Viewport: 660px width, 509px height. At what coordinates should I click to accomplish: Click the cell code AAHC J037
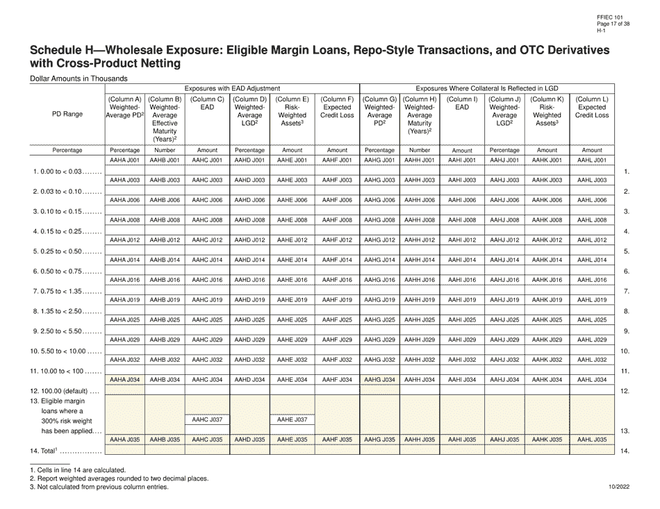[x=206, y=420]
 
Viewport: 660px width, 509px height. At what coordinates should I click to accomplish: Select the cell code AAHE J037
[x=292, y=420]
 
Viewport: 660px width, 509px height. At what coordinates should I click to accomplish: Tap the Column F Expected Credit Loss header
[x=337, y=108]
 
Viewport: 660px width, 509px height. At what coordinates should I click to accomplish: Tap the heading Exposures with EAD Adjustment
[x=232, y=88]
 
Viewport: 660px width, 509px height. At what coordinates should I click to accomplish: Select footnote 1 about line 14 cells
[x=77, y=470]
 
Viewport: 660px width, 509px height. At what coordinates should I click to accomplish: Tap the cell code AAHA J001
[x=125, y=160]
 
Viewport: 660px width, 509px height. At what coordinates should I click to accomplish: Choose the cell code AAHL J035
[x=592, y=440]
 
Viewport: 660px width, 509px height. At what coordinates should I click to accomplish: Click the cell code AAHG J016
[x=380, y=280]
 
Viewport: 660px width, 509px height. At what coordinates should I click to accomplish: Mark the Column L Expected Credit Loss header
[x=592, y=108]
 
